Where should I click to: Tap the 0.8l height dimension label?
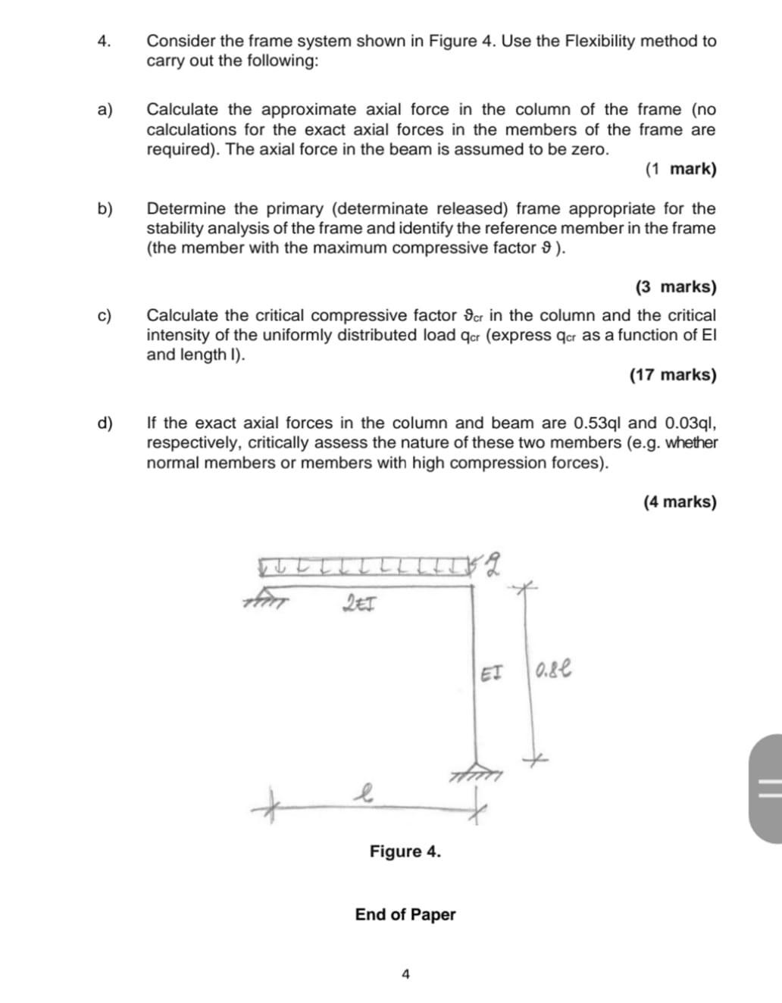[552, 670]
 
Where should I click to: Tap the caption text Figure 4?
[405, 851]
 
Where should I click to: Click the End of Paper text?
[405, 914]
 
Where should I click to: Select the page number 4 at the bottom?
[405, 974]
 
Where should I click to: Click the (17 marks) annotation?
[672, 375]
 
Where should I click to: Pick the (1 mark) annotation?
[680, 169]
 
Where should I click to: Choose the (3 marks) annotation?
[675, 287]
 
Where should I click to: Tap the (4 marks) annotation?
[680, 501]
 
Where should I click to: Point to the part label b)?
[105, 208]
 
